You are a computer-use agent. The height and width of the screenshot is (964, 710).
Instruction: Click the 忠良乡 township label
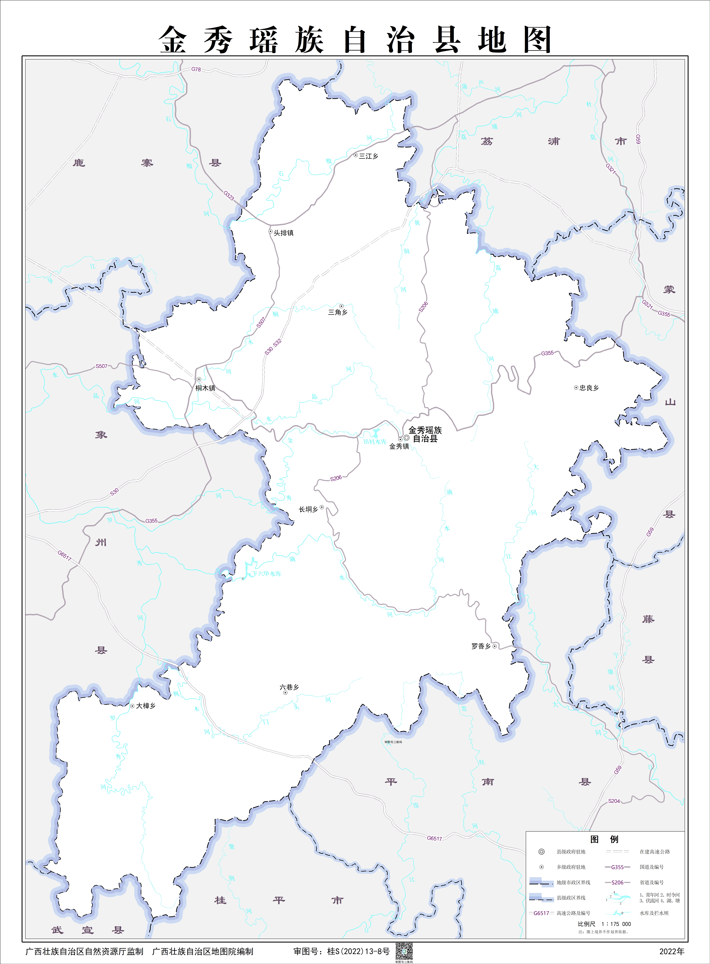[x=589, y=388]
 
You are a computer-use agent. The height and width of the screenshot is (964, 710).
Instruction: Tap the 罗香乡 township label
[x=481, y=646]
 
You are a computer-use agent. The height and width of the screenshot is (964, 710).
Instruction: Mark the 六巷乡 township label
[x=289, y=687]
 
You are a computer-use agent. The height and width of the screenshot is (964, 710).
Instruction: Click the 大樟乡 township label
[x=146, y=706]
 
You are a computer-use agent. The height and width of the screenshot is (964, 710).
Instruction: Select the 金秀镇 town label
[x=399, y=447]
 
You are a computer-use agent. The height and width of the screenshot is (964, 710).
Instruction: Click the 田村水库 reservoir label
[x=375, y=442]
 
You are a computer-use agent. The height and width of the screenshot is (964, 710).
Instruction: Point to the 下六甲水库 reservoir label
[x=267, y=574]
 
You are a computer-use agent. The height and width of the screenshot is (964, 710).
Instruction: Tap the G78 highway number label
[x=196, y=69]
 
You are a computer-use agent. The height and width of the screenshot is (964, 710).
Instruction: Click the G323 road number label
[x=229, y=196]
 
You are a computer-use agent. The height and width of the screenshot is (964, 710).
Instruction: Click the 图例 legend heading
[x=604, y=839]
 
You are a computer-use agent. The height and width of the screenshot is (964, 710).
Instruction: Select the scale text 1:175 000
[x=616, y=924]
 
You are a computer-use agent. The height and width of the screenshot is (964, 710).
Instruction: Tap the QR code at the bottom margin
[x=404, y=952]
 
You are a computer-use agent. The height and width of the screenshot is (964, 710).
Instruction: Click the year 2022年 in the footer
[x=672, y=952]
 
